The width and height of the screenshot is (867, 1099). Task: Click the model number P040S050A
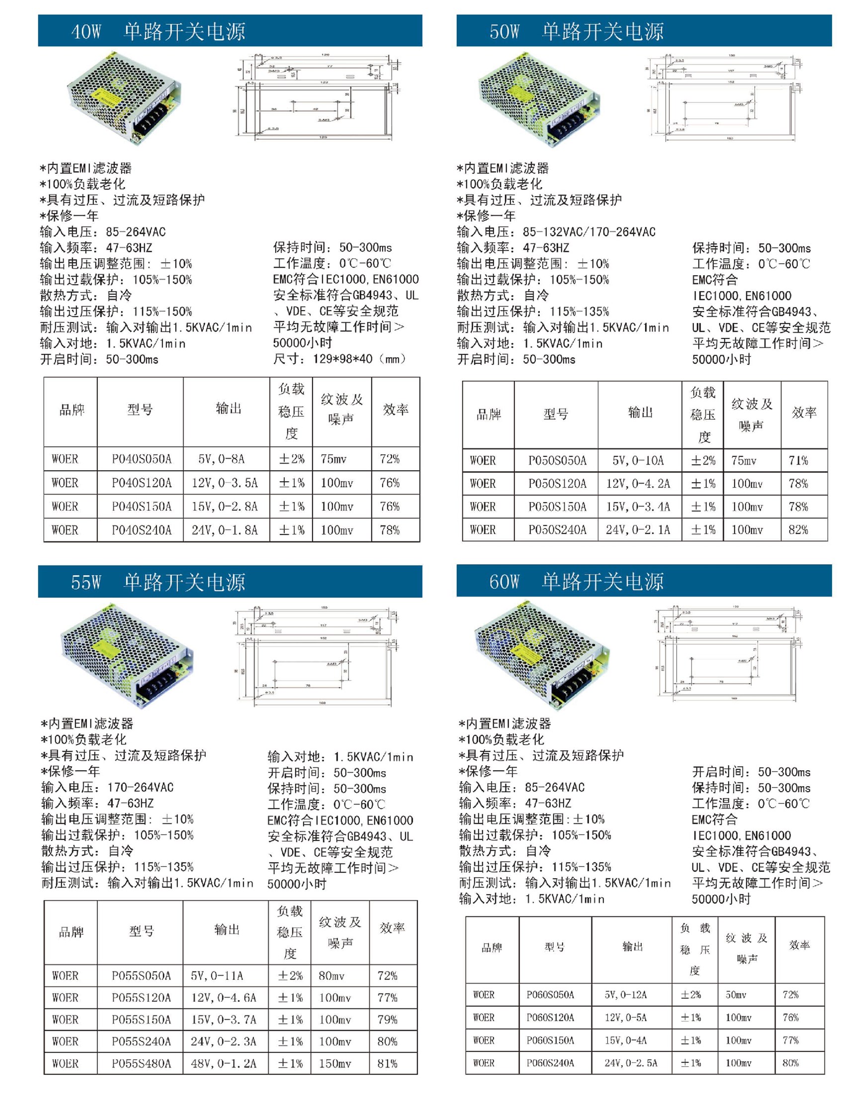click(141, 459)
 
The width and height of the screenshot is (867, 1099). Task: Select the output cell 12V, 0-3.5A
click(224, 483)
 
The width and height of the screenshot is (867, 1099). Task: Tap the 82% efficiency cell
click(798, 530)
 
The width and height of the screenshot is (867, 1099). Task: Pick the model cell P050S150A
click(557, 506)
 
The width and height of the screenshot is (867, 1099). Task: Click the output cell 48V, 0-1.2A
click(223, 1063)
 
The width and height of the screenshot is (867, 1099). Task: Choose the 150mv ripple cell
click(335, 1063)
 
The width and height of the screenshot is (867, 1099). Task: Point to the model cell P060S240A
click(550, 1063)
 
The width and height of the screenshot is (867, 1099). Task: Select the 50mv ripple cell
click(736, 995)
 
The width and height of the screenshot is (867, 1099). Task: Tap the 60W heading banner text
click(576, 581)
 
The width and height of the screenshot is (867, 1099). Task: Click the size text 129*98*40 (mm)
click(340, 359)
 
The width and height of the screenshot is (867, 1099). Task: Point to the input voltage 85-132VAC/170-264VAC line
click(556, 232)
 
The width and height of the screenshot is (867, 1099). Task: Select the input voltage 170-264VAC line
click(107, 787)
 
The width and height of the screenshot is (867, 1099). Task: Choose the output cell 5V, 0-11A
click(217, 976)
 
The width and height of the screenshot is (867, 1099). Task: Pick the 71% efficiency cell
click(798, 461)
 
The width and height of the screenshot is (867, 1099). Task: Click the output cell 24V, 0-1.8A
click(224, 530)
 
